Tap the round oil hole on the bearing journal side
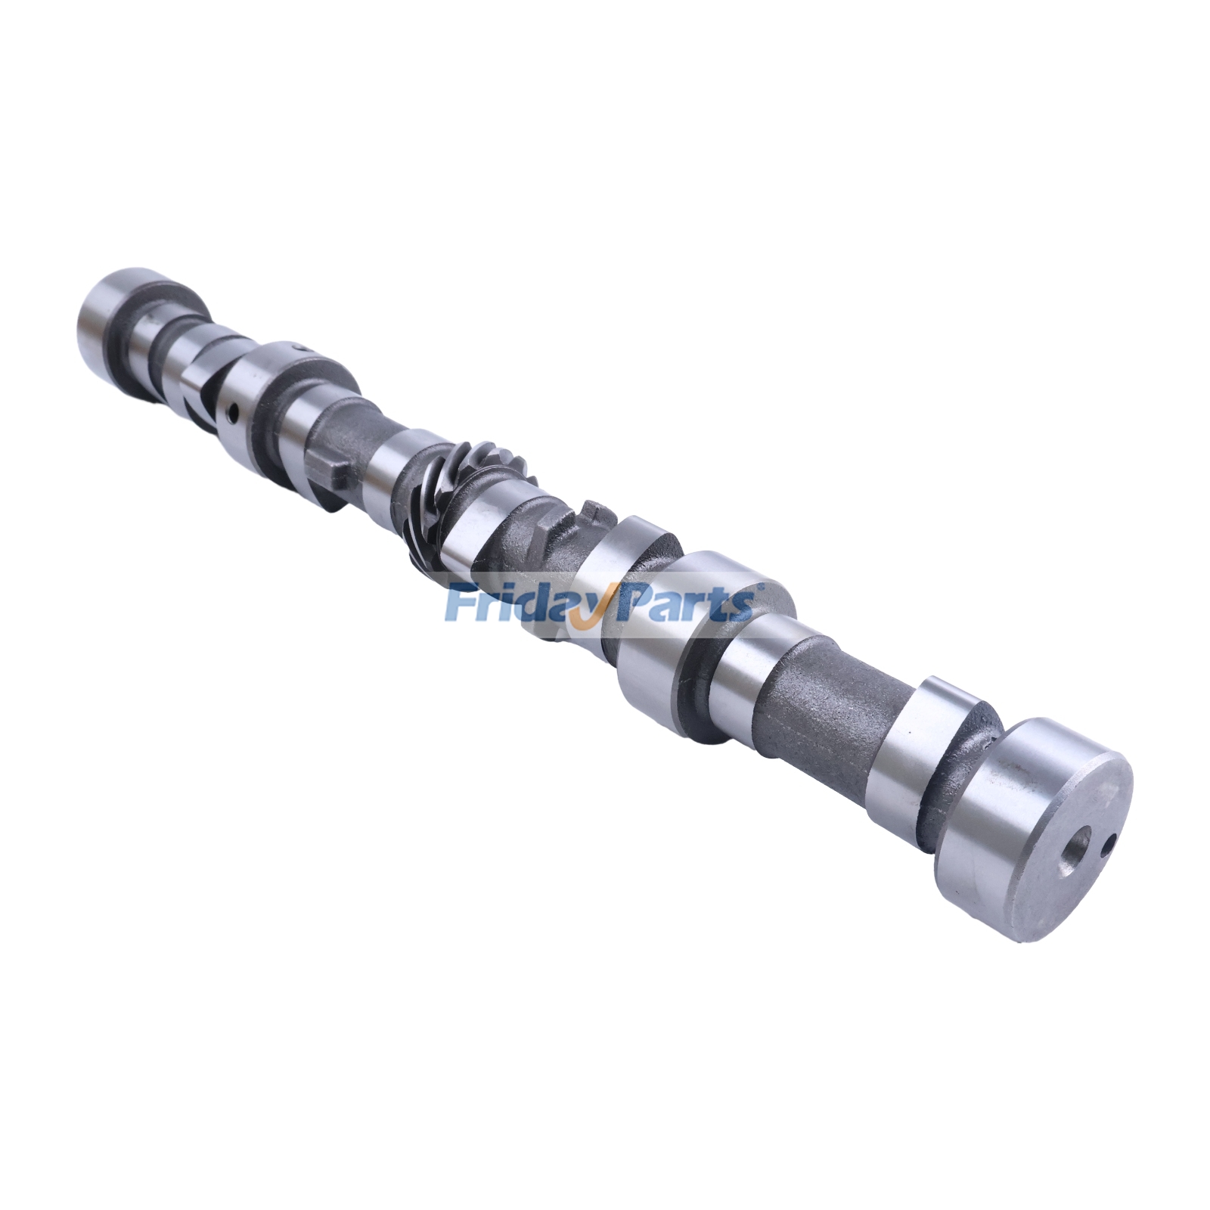point(233,412)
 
